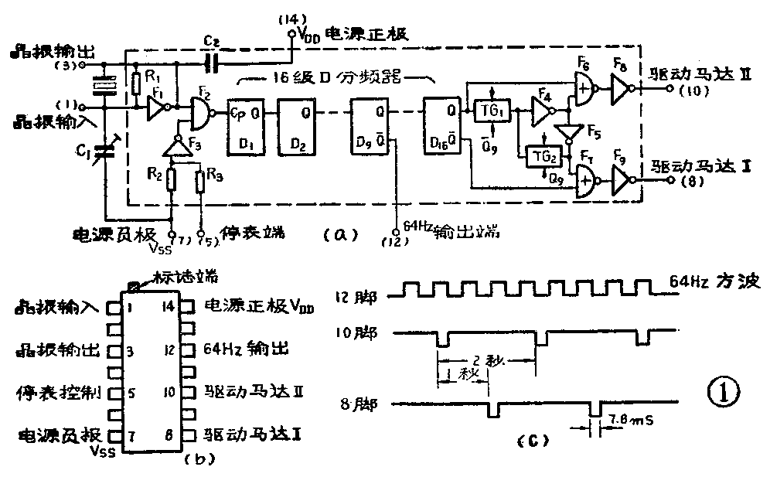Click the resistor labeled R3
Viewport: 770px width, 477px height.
pos(201,182)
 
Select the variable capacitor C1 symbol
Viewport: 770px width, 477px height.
pos(106,152)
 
